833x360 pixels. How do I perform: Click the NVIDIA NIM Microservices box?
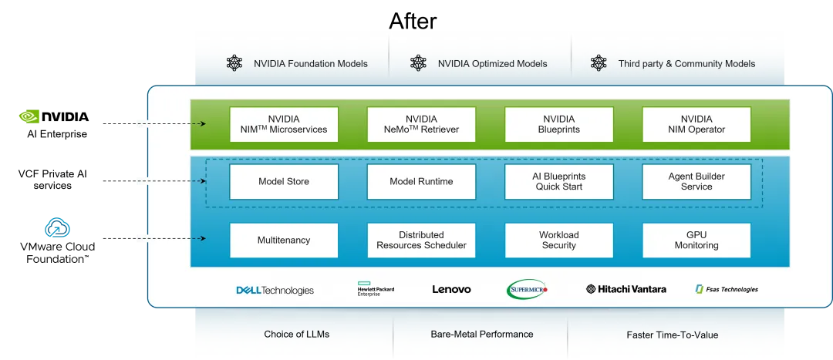tap(284, 124)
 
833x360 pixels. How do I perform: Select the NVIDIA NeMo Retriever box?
tap(421, 124)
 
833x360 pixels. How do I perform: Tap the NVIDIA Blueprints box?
tap(558, 124)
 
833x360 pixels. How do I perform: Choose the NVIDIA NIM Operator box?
tap(696, 124)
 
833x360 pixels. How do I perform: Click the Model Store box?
tap(284, 182)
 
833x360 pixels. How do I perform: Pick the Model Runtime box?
tap(421, 182)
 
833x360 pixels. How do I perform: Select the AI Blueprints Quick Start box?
tap(558, 182)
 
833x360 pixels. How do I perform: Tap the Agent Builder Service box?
tap(696, 182)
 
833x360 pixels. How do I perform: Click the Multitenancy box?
tap(284, 241)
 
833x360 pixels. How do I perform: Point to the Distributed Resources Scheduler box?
tap(421, 241)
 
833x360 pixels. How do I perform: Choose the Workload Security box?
tap(558, 241)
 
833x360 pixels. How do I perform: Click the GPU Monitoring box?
tap(696, 241)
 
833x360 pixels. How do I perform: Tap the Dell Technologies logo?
tap(275, 291)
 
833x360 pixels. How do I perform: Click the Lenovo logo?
tap(451, 290)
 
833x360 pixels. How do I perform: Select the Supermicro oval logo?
tap(527, 290)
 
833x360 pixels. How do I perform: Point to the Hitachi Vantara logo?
tap(626, 290)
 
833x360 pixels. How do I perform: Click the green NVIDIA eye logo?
tap(30, 116)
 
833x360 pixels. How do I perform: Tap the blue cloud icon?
tap(59, 227)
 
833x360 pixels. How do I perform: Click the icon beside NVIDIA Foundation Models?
tap(234, 63)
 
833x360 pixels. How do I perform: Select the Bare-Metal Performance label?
tap(481, 335)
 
